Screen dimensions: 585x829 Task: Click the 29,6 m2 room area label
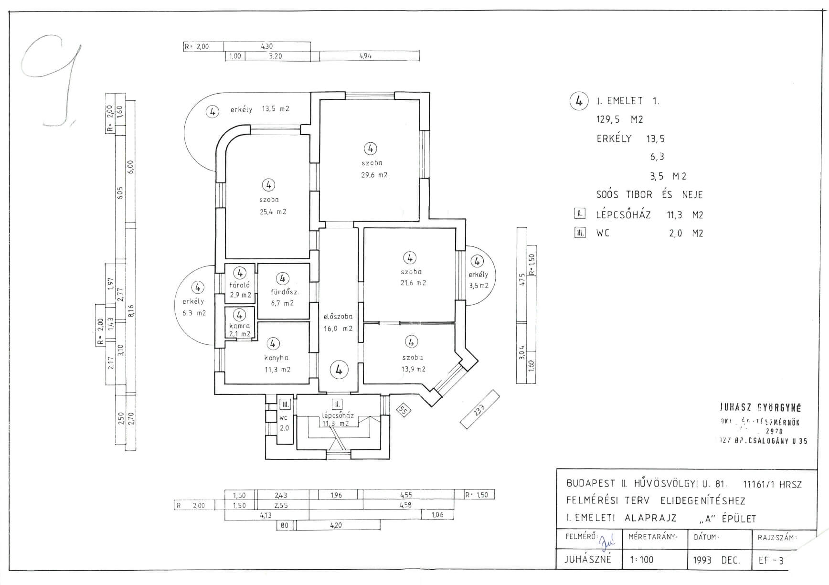[374, 175]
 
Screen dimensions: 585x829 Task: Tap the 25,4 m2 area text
[273, 212]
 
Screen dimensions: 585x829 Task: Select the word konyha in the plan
[276, 358]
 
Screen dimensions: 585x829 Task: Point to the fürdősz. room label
[285, 292]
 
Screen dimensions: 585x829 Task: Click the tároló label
[240, 285]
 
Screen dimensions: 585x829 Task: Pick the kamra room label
[239, 326]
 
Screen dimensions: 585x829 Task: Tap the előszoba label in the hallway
[338, 316]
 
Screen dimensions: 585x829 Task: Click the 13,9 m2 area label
[413, 369]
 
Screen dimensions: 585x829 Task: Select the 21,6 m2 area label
[413, 283]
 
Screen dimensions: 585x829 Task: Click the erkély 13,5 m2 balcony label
[260, 109]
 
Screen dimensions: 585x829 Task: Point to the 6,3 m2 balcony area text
[194, 313]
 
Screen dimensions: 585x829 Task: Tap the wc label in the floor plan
[283, 418]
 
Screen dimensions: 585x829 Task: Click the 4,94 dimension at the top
[365, 56]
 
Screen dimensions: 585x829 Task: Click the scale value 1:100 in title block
[641, 559]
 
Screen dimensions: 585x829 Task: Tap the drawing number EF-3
[771, 560]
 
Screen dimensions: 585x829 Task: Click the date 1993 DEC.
[716, 560]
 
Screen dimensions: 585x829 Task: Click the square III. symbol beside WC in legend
[580, 233]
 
